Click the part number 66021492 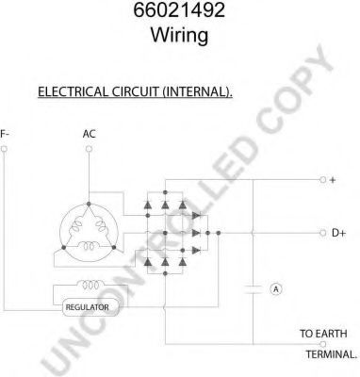[179, 9]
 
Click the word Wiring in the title [179, 35]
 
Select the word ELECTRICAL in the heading [73, 91]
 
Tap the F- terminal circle [4, 149]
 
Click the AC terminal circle [89, 149]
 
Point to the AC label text [89, 134]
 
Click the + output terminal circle [322, 180]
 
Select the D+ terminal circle [322, 233]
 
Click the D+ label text [338, 233]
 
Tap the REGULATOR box [91, 307]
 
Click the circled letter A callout [276, 289]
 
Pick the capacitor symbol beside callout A [253, 289]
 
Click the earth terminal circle [322, 344]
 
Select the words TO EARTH [323, 334]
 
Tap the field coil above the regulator [91, 285]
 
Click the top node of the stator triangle [89, 204]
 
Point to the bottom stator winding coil [89, 246]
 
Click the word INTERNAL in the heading [196, 91]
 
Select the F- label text [5, 134]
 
